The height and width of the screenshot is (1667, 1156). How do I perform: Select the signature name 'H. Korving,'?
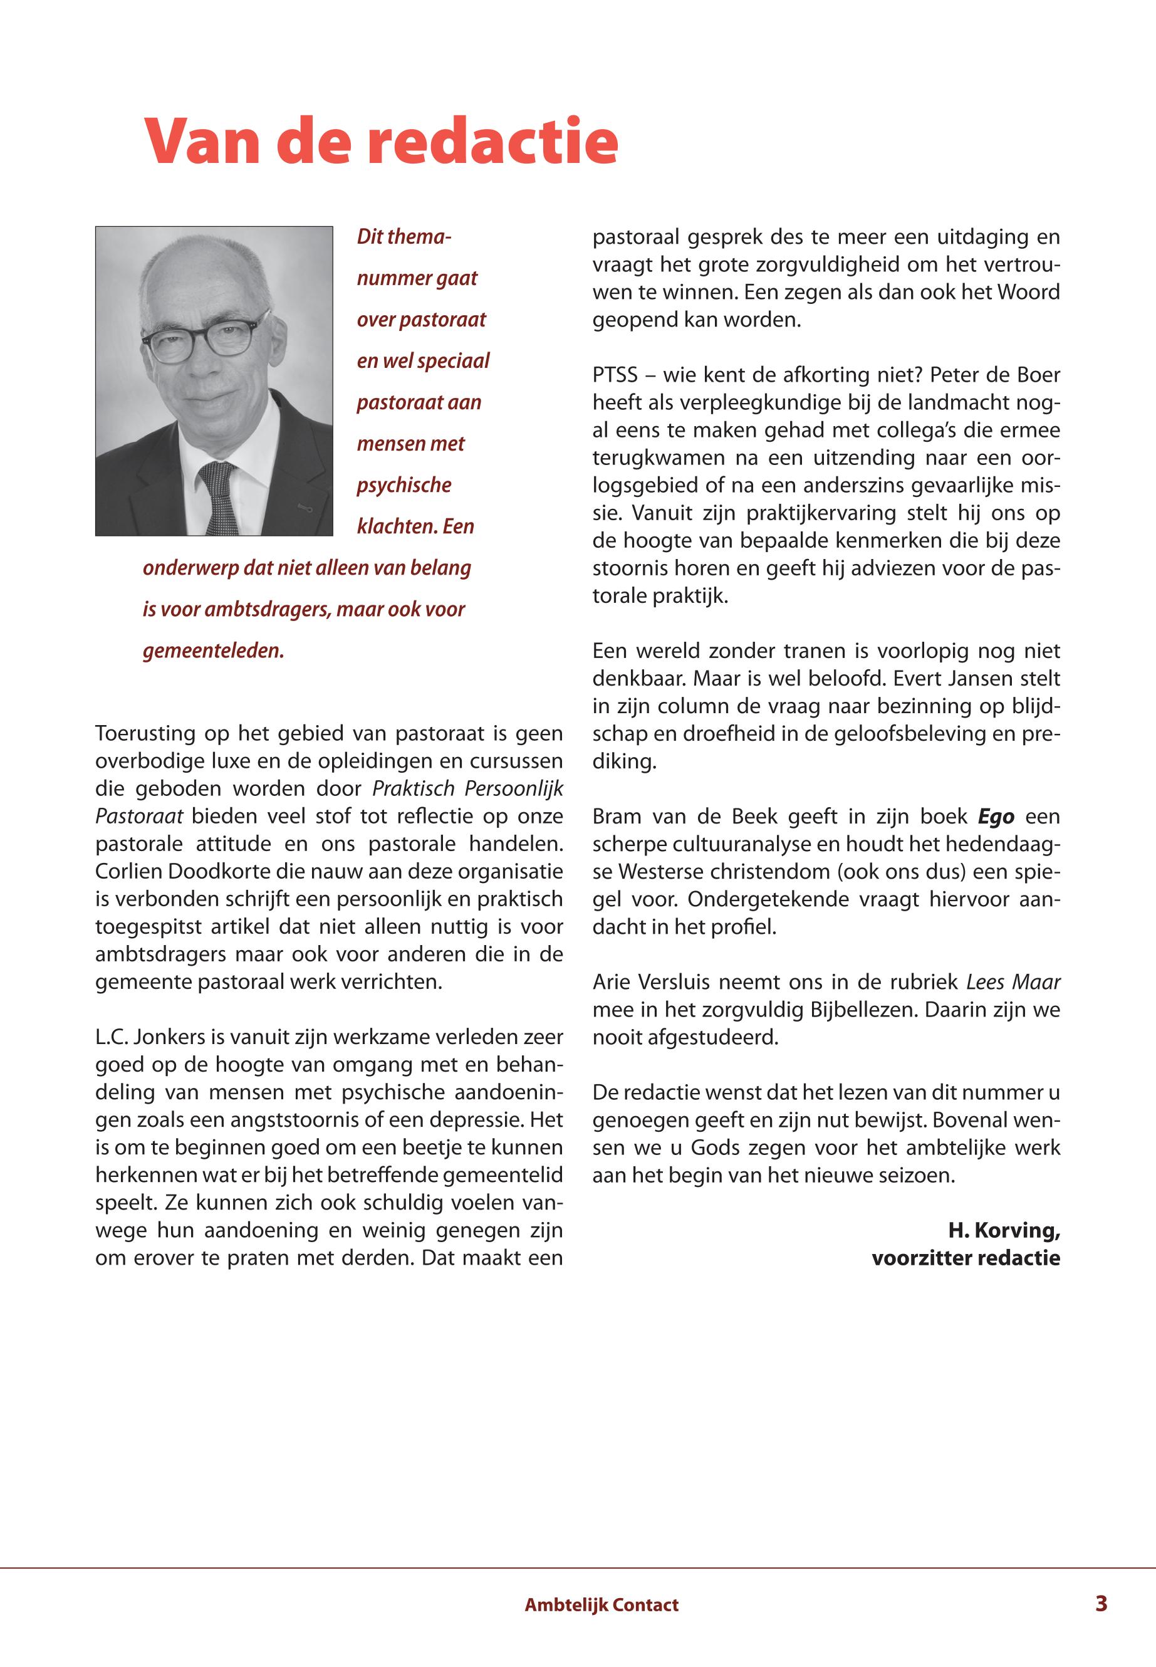tap(1004, 1230)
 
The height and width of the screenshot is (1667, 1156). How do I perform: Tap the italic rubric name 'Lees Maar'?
tap(1013, 983)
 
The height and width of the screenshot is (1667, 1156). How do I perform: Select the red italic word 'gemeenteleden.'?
tap(214, 651)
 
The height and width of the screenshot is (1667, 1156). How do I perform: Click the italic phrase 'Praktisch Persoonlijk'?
tap(467, 789)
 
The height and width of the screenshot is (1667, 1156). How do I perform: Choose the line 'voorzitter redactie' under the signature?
tap(966, 1258)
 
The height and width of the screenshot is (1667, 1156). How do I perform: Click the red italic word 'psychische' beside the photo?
tap(404, 484)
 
